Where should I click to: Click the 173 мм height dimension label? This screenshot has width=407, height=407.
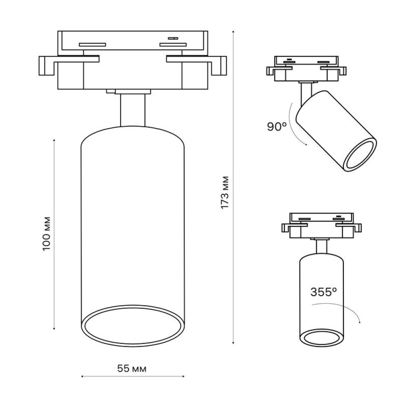pyautogui.click(x=225, y=193)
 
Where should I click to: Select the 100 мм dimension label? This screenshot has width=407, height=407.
pyautogui.click(x=46, y=234)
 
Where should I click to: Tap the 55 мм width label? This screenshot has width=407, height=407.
pyautogui.click(x=132, y=368)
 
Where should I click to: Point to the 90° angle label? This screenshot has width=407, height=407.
pyautogui.click(x=277, y=127)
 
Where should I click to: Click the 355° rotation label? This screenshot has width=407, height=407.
pyautogui.click(x=324, y=292)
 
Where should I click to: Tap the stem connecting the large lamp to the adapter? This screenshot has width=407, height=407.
pyautogui.click(x=133, y=110)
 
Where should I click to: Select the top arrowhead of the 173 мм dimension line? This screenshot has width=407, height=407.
pyautogui.click(x=233, y=31)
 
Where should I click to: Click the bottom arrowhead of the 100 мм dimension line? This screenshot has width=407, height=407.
pyautogui.click(x=54, y=329)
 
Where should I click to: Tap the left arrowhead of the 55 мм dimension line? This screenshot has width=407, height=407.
pyautogui.click(x=82, y=376)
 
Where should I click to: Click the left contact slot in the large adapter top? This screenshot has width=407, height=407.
pyautogui.click(x=92, y=44)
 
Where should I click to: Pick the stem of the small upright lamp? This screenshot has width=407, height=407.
pyautogui.click(x=322, y=246)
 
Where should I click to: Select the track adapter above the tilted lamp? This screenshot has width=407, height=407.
pyautogui.click(x=306, y=69)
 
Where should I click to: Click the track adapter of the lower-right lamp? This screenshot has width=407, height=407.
pyautogui.click(x=322, y=225)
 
